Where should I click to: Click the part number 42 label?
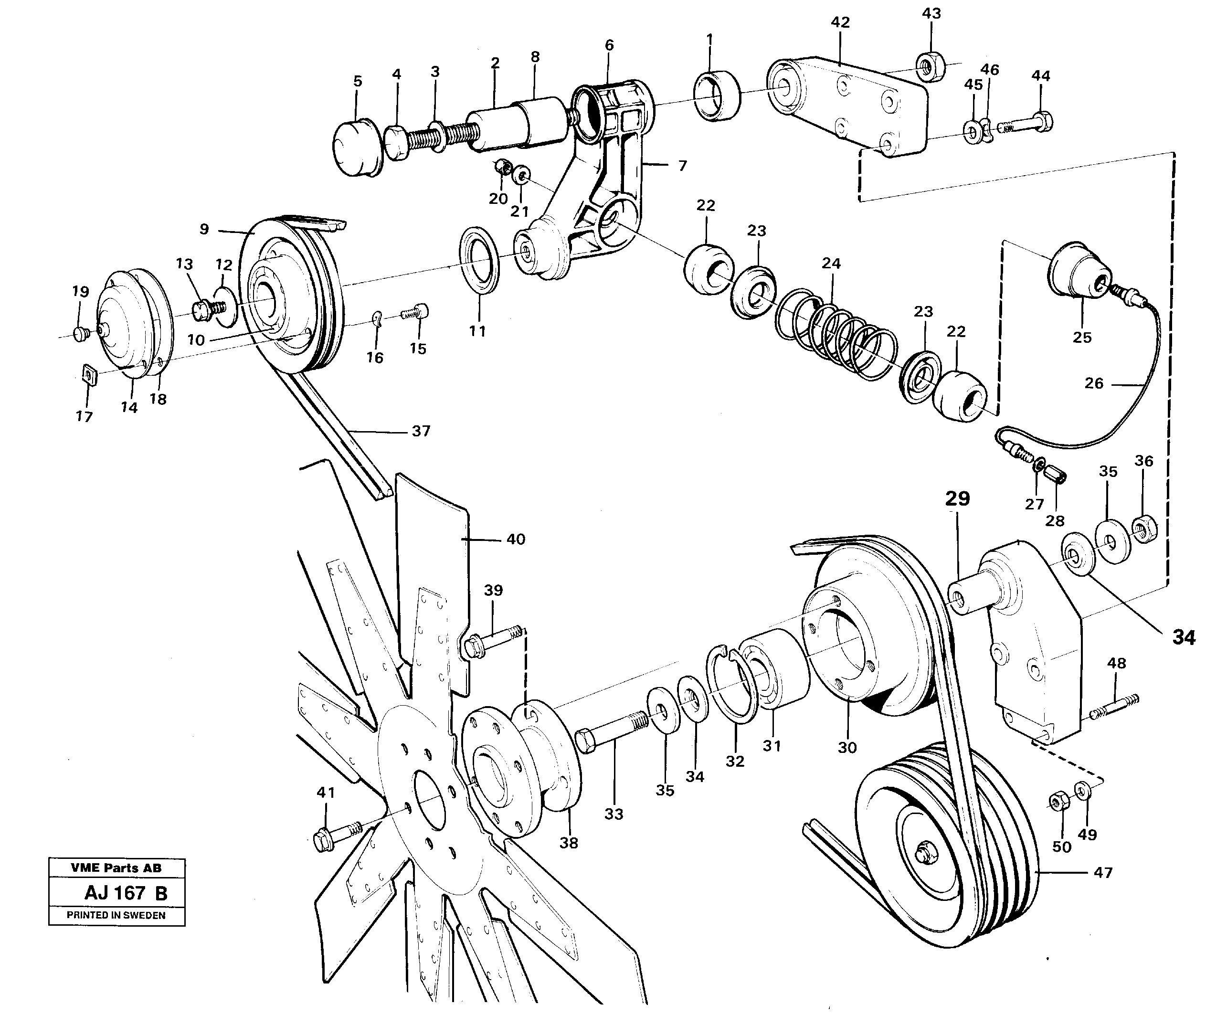(x=840, y=22)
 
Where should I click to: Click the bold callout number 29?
(x=957, y=498)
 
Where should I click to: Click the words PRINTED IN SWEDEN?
(x=116, y=915)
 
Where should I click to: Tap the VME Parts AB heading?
(x=116, y=868)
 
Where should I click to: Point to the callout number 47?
(x=1102, y=873)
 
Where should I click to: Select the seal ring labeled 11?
(x=479, y=260)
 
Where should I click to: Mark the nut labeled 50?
(x=1060, y=802)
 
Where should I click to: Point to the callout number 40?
(x=516, y=539)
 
